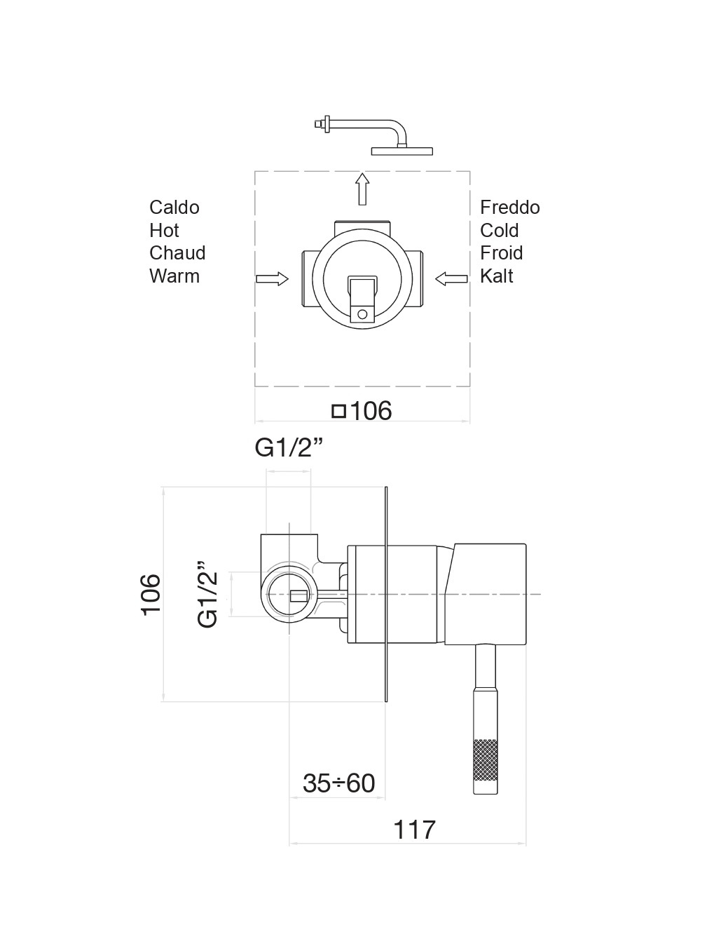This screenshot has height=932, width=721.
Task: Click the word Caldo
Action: (174, 208)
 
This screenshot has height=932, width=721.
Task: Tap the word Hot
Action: (164, 231)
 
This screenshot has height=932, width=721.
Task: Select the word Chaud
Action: (177, 253)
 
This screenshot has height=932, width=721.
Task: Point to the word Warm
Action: (174, 276)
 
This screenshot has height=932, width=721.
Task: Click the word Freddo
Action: (510, 208)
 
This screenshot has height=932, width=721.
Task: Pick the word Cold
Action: (500, 231)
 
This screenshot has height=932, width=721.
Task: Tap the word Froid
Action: (502, 253)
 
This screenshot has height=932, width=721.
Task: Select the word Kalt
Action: (497, 276)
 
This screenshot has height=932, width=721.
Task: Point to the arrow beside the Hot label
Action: (273, 279)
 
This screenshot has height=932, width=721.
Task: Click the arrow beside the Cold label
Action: (452, 279)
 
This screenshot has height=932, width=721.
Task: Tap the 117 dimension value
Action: (414, 830)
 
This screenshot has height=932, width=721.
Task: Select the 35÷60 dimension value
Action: (339, 783)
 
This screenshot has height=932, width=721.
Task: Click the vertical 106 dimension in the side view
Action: (151, 594)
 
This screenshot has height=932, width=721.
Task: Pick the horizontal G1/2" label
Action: (289, 447)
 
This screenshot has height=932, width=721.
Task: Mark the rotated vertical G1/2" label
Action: (208, 594)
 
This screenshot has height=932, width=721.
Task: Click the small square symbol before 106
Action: (339, 411)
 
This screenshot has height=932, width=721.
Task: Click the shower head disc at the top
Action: (402, 151)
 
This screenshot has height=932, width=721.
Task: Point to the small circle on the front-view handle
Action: (362, 314)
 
